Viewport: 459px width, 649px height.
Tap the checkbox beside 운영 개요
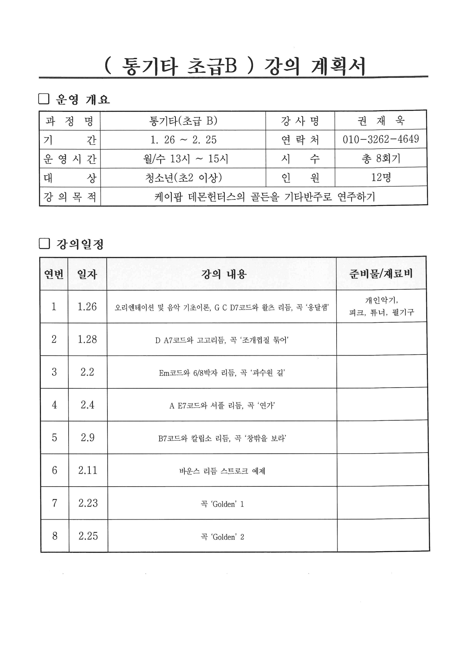[44, 99]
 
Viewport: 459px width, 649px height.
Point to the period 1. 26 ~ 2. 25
[183, 140]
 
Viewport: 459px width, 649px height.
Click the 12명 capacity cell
[381, 177]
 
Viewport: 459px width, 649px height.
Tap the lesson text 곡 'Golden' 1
[222, 504]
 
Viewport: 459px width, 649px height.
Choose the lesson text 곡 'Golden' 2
[222, 537]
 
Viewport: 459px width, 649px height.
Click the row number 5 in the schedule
[54, 437]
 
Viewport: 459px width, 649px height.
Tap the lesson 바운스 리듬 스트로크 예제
[222, 471]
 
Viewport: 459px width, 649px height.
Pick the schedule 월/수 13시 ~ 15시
[185, 159]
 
